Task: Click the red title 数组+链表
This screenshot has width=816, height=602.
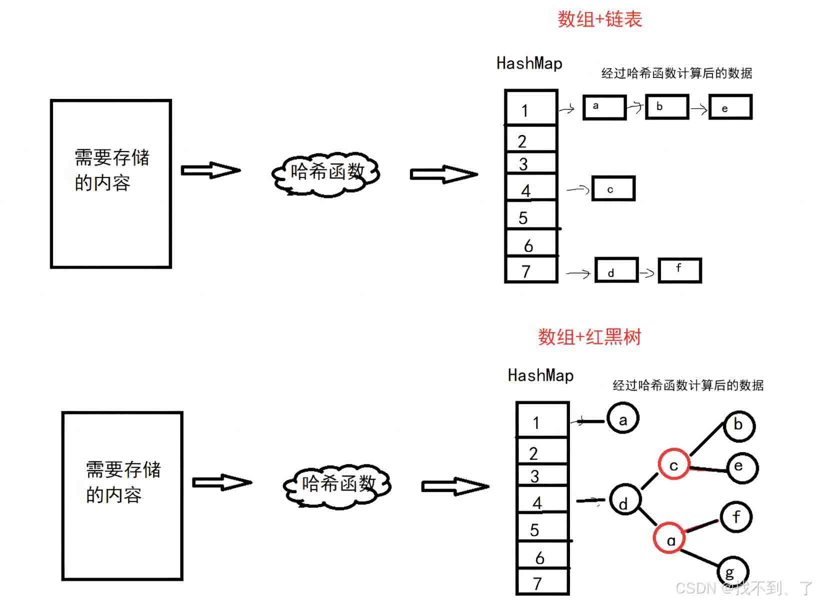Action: click(x=599, y=19)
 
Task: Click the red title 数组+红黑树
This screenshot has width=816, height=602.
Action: click(x=589, y=336)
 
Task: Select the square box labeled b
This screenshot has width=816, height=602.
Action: click(x=666, y=106)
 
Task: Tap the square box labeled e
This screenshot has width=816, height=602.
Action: click(x=730, y=107)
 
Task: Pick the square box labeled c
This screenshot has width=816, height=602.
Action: click(x=613, y=188)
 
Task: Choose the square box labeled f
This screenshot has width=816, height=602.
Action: click(x=679, y=270)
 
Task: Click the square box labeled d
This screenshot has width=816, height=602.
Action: click(x=616, y=269)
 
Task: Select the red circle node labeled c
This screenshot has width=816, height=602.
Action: click(x=673, y=463)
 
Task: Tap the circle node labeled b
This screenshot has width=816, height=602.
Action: click(x=738, y=425)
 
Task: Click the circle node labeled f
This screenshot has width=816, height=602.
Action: click(x=736, y=517)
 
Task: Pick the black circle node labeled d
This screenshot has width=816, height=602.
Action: click(x=624, y=499)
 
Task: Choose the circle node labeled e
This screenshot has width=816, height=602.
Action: click(x=742, y=467)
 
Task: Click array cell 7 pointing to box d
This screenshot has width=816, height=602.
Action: click(x=531, y=269)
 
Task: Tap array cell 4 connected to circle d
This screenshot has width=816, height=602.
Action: click(x=542, y=499)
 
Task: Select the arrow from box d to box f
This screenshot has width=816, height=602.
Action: click(x=647, y=272)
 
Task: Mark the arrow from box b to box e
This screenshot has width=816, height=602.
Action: click(x=698, y=109)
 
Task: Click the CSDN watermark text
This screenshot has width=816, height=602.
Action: click(x=743, y=587)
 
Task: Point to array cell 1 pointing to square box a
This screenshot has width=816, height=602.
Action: click(x=531, y=107)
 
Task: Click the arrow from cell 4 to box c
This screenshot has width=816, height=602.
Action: click(x=577, y=189)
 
